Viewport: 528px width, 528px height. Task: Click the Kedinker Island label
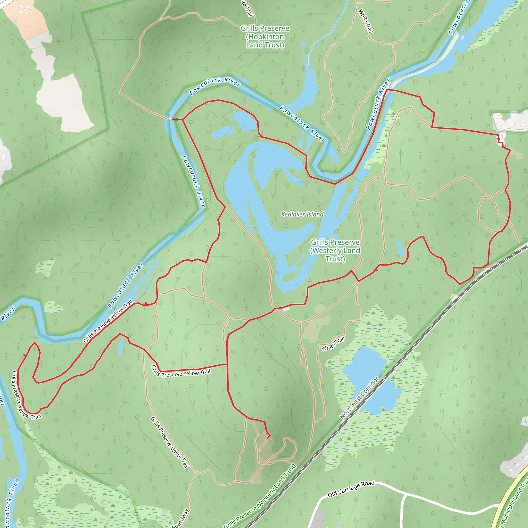tap(302, 214)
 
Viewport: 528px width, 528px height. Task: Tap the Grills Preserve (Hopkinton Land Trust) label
tap(265, 37)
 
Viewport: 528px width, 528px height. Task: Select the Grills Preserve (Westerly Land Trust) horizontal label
tap(335, 250)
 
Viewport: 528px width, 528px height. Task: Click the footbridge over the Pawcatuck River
tap(174, 119)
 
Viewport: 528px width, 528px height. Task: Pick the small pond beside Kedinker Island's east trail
tap(400, 247)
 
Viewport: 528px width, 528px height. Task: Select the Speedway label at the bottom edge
tap(181, 518)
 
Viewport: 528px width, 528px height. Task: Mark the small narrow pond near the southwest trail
tap(120, 348)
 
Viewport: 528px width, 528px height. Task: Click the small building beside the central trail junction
tap(286, 309)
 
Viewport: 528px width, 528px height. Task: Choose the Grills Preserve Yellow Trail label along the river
tap(108, 321)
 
